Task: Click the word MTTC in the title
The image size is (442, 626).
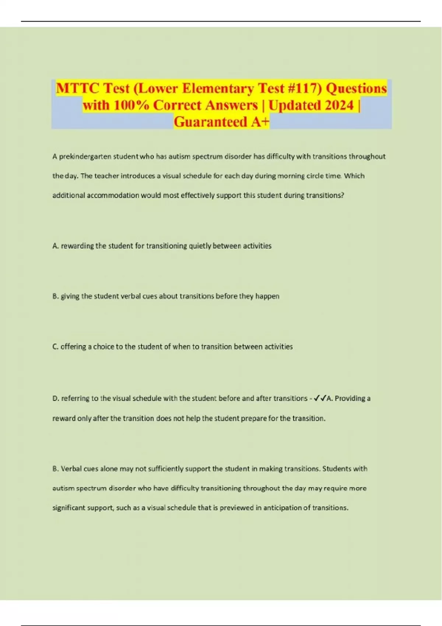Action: point(78,88)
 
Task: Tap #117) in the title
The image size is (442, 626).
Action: point(305,88)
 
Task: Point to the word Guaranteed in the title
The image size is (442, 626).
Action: point(210,122)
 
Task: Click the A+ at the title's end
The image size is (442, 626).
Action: point(260,122)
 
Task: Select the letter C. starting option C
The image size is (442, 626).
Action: point(55,347)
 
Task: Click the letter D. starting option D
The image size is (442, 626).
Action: point(56,398)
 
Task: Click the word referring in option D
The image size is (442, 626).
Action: point(75,398)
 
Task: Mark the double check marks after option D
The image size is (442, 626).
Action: point(319,398)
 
